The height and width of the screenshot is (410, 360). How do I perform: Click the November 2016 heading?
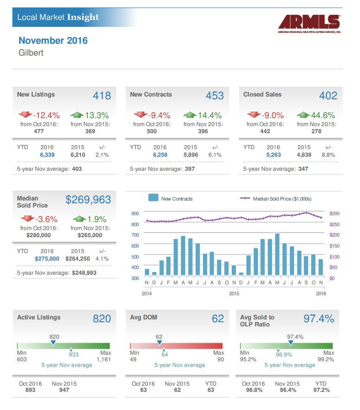(x=53, y=40)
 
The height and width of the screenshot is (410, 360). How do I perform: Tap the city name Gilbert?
(x=31, y=53)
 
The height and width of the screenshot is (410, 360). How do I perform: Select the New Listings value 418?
(x=102, y=96)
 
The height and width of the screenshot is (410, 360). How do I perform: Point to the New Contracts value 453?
(x=215, y=96)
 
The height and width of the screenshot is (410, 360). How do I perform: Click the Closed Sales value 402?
(x=328, y=96)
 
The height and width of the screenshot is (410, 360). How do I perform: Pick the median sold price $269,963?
(x=88, y=200)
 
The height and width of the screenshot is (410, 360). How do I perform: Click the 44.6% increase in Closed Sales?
(x=322, y=115)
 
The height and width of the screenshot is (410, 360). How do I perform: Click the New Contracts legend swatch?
(x=153, y=198)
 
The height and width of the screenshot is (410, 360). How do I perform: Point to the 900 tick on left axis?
(x=135, y=214)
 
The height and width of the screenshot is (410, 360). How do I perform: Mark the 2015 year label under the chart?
(x=234, y=293)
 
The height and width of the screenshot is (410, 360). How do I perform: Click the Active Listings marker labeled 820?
(x=53, y=343)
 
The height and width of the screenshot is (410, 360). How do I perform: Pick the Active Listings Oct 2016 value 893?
(x=30, y=390)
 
